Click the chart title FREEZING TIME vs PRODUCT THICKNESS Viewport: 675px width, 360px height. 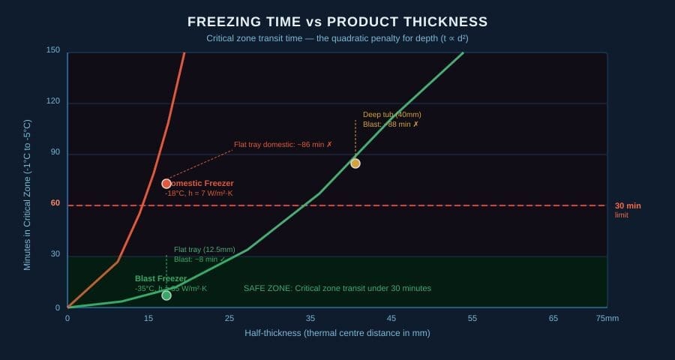click(x=337, y=22)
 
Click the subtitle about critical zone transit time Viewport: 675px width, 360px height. click(x=337, y=38)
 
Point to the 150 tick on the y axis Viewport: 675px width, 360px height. click(x=53, y=50)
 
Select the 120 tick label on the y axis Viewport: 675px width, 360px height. click(x=53, y=101)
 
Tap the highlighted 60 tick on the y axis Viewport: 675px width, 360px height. click(x=55, y=203)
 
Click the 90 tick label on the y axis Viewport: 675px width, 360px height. click(x=55, y=152)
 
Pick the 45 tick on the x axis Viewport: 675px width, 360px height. click(x=391, y=319)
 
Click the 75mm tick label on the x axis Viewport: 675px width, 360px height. click(x=607, y=319)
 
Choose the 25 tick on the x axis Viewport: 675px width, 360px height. click(x=229, y=319)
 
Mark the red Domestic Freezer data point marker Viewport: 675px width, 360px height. click(x=166, y=184)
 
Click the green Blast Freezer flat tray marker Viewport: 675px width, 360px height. click(x=166, y=295)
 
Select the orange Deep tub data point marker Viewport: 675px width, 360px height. click(x=355, y=163)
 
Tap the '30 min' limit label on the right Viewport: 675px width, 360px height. click(x=628, y=206)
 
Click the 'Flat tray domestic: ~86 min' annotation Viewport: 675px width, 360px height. click(x=283, y=144)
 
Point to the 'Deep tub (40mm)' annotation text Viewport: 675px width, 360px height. click(x=391, y=115)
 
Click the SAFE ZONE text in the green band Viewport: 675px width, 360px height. click(x=337, y=288)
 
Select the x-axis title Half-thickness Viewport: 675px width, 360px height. click(x=337, y=333)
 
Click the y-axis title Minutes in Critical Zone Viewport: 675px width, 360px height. click(x=28, y=195)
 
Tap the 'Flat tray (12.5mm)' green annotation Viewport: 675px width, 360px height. click(x=204, y=250)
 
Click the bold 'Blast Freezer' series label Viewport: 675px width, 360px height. click(x=160, y=279)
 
